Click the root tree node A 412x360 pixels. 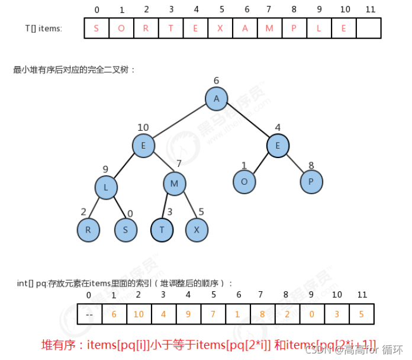click(x=217, y=99)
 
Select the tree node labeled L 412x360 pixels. click(x=106, y=188)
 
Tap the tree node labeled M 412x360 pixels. click(x=175, y=184)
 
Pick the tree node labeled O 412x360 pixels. click(x=244, y=182)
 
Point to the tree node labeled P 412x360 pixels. click(x=311, y=182)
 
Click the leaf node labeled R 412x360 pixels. click(x=88, y=230)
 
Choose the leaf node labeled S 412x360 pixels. click(x=125, y=230)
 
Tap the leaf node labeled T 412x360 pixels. click(x=162, y=230)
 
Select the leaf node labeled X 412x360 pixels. click(x=197, y=230)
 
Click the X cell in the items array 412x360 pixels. click(x=221, y=28)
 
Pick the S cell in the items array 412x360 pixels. click(x=96, y=28)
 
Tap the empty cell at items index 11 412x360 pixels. click(x=369, y=28)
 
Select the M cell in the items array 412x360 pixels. click(x=270, y=28)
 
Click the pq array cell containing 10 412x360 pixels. click(x=138, y=314)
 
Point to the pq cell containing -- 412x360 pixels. click(x=89, y=314)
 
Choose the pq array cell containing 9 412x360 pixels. click(x=188, y=314)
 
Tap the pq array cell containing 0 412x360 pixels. click(x=311, y=314)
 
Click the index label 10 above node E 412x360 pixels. click(x=143, y=127)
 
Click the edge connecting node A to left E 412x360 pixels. click(x=180, y=122)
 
